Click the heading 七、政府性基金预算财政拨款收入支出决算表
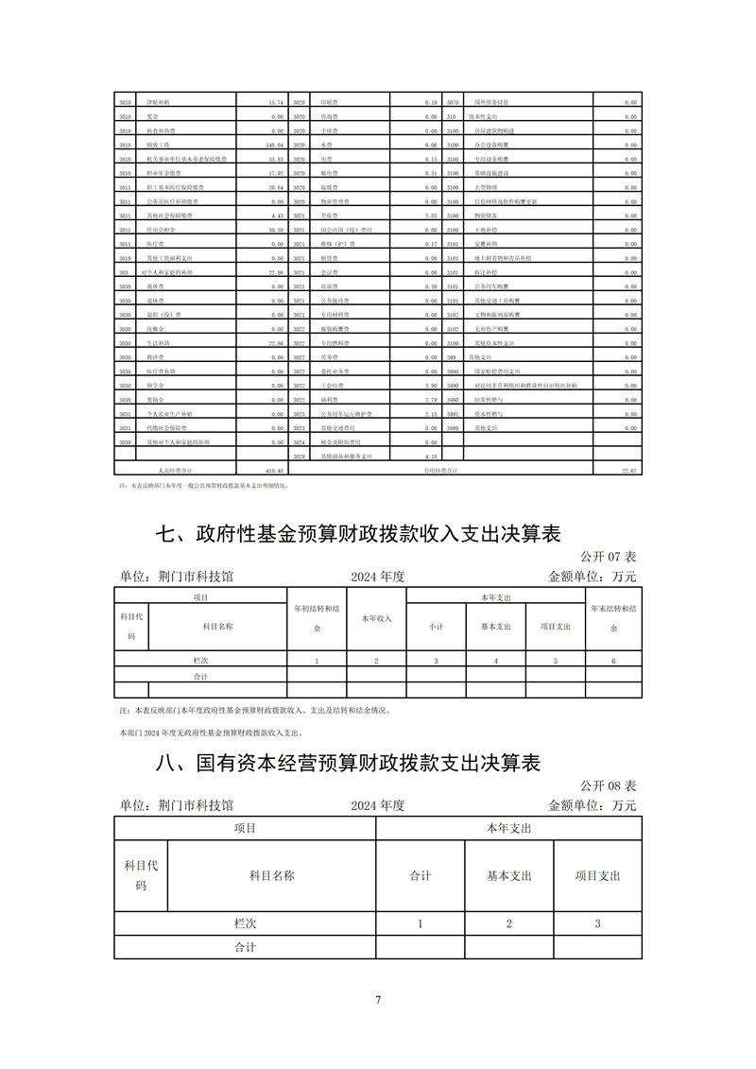click(x=358, y=536)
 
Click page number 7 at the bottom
click(x=377, y=1000)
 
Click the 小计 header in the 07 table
click(x=436, y=626)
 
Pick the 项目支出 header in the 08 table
click(x=597, y=875)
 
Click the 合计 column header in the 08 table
click(x=421, y=875)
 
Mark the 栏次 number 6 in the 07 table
click(x=613, y=661)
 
